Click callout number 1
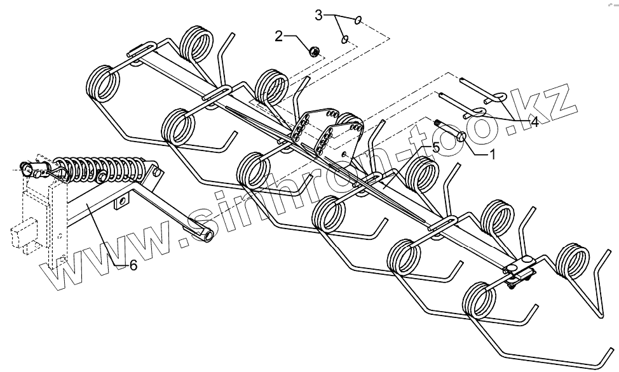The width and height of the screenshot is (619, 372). (x=493, y=153)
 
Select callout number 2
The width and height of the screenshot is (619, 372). (x=279, y=36)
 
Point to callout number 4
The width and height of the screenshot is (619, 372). (x=535, y=123)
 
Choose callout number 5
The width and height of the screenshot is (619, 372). (x=436, y=147)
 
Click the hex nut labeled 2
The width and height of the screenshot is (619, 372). (x=313, y=51)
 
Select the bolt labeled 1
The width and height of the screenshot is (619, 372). (x=452, y=131)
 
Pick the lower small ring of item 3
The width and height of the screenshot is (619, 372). (x=345, y=39)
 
